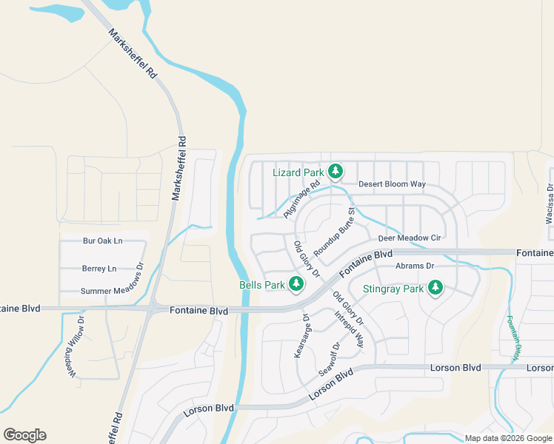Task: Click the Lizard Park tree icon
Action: pyautogui.click(x=336, y=172)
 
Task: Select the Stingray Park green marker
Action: pyautogui.click(x=436, y=287)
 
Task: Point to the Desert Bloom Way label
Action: pyautogui.click(x=392, y=184)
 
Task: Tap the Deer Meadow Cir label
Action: pyautogui.click(x=410, y=238)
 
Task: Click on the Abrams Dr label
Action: pyautogui.click(x=415, y=266)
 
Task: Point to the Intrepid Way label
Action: pyautogui.click(x=349, y=329)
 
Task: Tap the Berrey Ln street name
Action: pyautogui.click(x=100, y=269)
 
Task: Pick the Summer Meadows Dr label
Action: pyautogui.click(x=112, y=291)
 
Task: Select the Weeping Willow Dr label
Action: pyautogui.click(x=77, y=348)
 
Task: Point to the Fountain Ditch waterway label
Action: pyautogui.click(x=512, y=338)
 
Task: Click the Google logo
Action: pyautogui.click(x=24, y=435)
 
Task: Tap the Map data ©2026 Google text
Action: pyautogui.click(x=508, y=438)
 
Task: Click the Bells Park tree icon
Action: pyautogui.click(x=296, y=283)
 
